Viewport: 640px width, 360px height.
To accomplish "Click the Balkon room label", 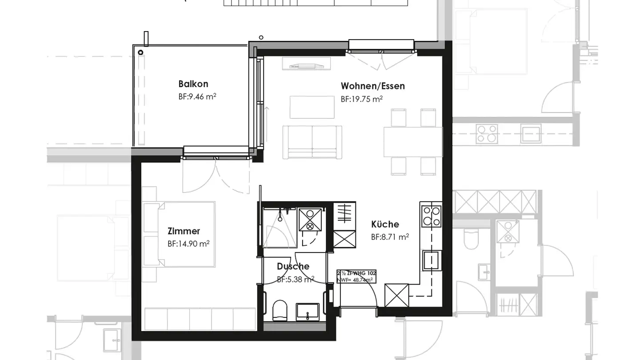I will pyautogui.click(x=193, y=84).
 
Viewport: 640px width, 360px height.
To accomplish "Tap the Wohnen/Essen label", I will pyautogui.click(x=372, y=86).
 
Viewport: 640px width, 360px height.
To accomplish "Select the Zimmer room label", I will pyautogui.click(x=184, y=231).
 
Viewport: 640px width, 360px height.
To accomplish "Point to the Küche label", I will pyautogui.click(x=385, y=224).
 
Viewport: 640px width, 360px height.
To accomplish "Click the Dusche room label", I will pyautogui.click(x=293, y=267).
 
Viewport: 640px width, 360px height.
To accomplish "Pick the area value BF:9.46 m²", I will pyautogui.click(x=197, y=96).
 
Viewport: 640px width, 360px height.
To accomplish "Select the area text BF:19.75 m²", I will pyautogui.click(x=361, y=99).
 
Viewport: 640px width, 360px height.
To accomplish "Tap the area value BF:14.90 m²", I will pyautogui.click(x=188, y=244).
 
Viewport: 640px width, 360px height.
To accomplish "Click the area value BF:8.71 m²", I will pyautogui.click(x=390, y=237).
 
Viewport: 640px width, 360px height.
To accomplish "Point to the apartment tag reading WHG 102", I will pyautogui.click(x=356, y=276).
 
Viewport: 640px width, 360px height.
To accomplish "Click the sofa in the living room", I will pyautogui.click(x=312, y=142).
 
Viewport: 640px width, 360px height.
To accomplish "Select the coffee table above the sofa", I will pyautogui.click(x=312, y=107).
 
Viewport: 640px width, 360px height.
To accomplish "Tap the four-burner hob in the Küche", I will pyautogui.click(x=431, y=216).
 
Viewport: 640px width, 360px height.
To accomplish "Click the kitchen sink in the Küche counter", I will pyautogui.click(x=432, y=260).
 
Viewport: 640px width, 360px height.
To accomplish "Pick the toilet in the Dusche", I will pyautogui.click(x=280, y=310).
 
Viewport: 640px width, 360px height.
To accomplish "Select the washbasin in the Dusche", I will pyautogui.click(x=307, y=311).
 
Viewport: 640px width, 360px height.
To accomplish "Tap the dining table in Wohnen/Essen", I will pyautogui.click(x=413, y=142).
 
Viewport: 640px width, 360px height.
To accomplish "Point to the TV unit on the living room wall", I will pyautogui.click(x=306, y=63).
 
